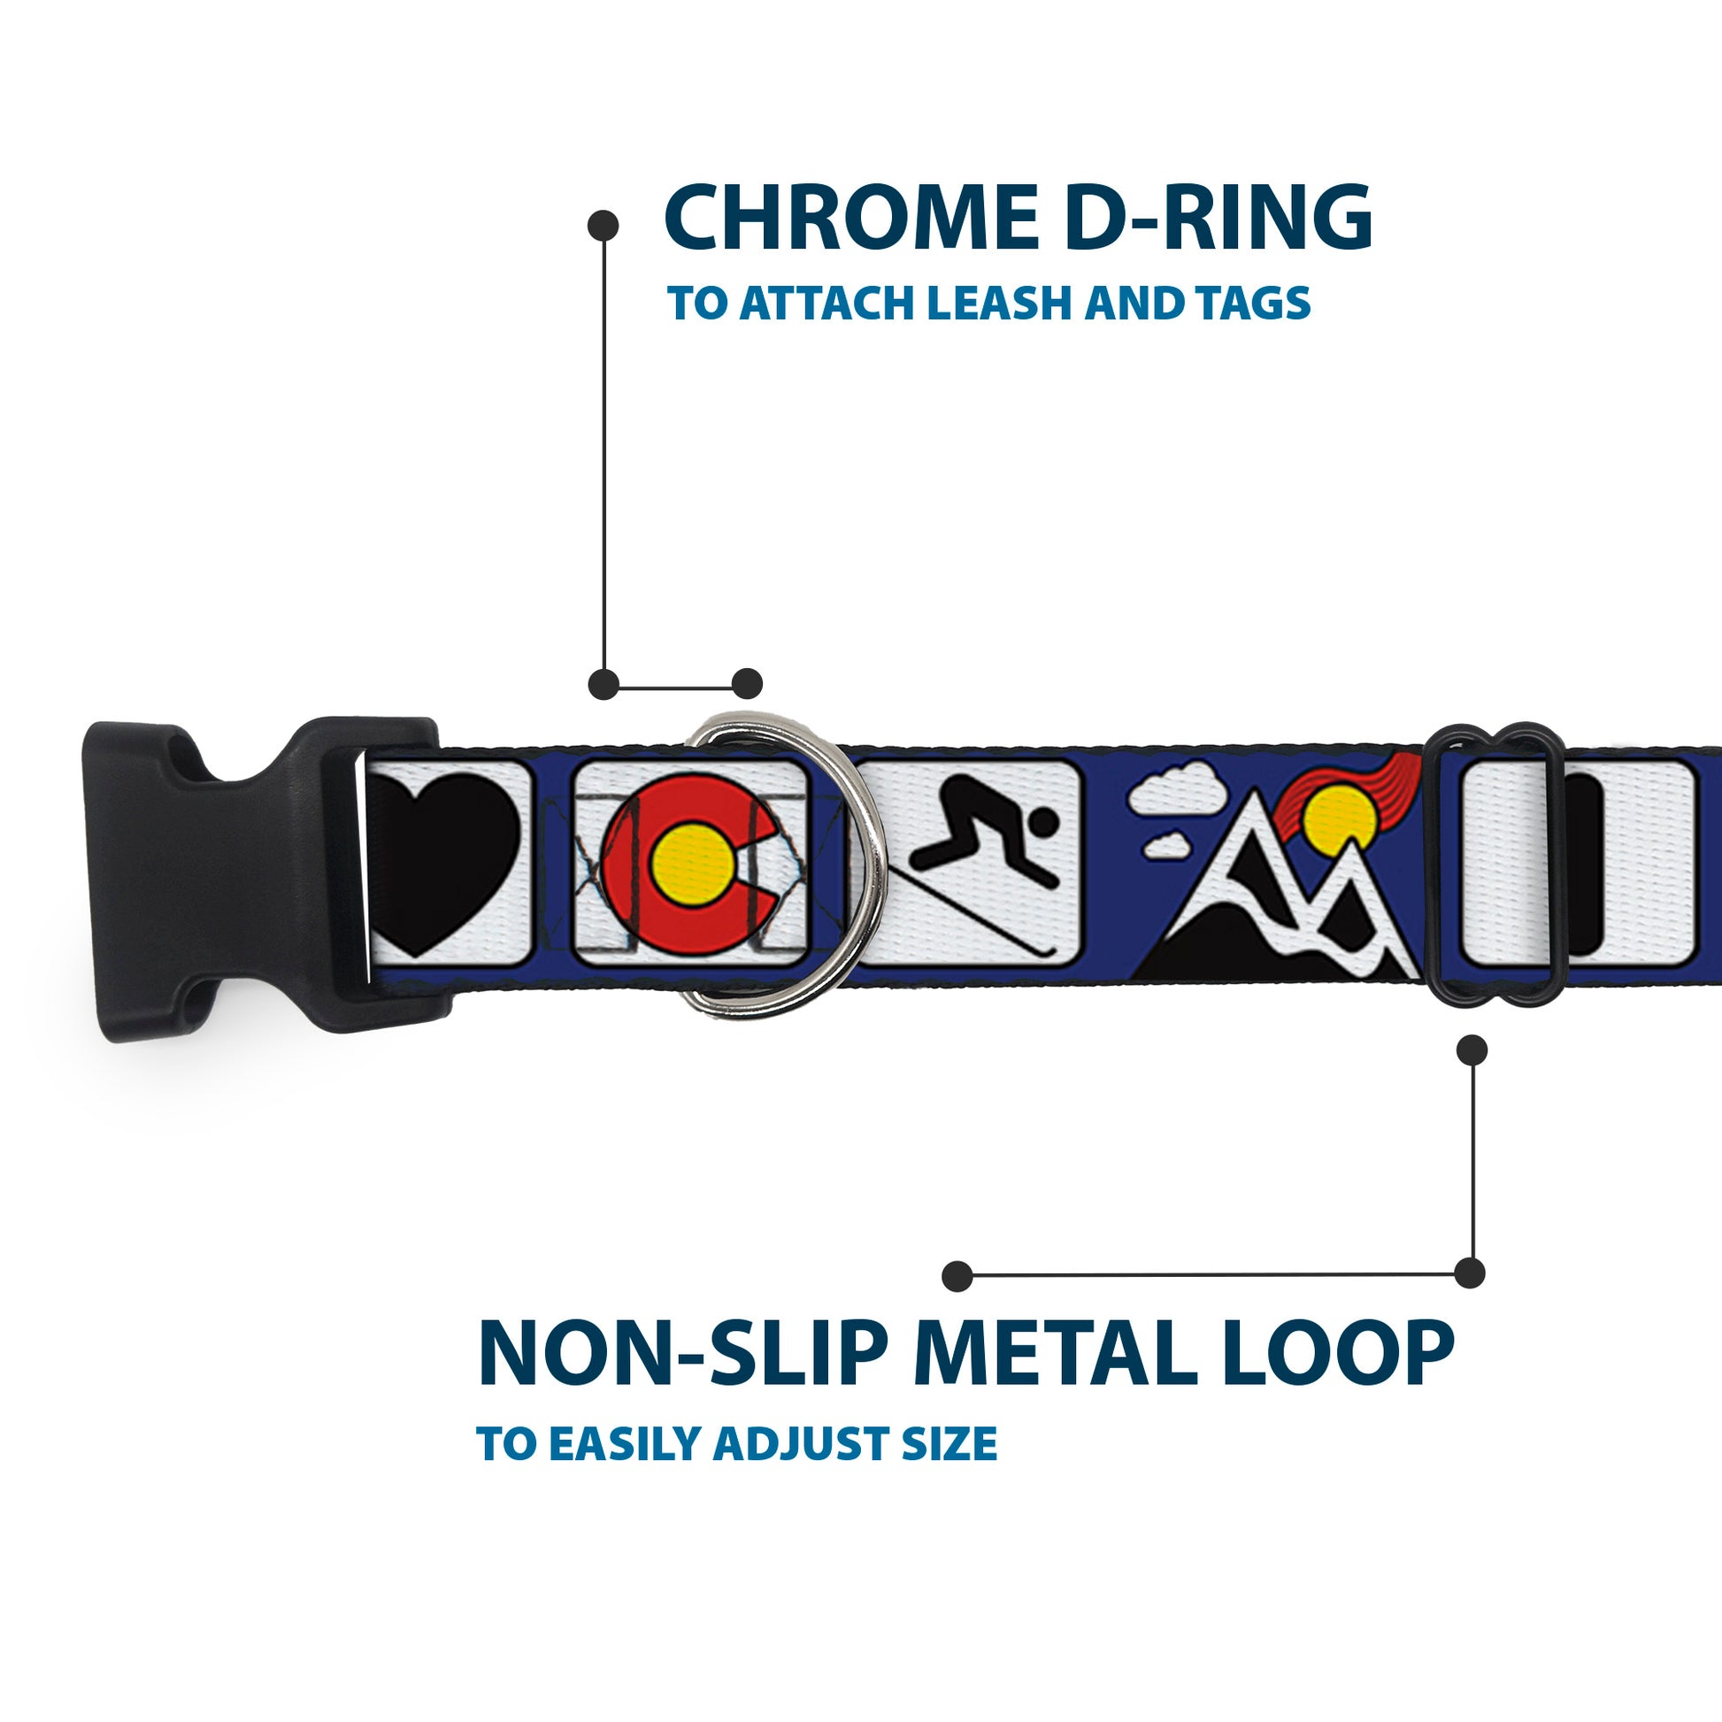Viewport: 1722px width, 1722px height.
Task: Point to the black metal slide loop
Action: (x=1497, y=861)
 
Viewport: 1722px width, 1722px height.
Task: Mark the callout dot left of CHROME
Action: (x=603, y=225)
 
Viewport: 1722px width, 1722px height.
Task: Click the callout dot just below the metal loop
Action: (x=1472, y=1050)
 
